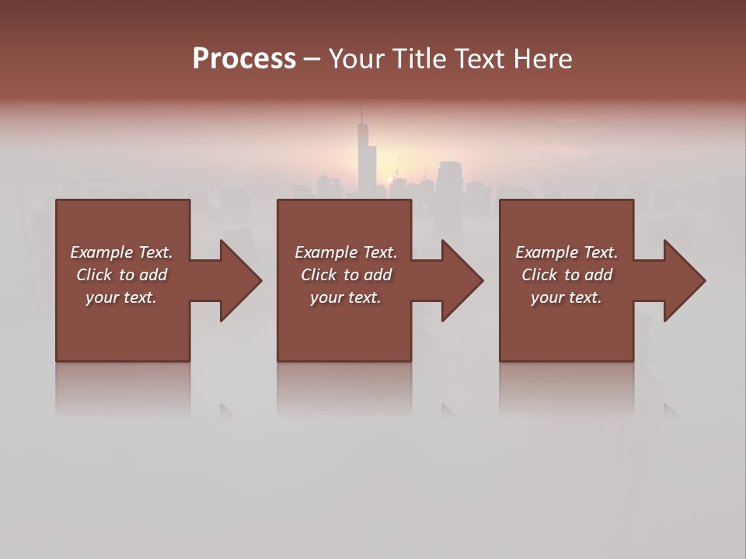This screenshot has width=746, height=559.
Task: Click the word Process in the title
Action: pos(244,59)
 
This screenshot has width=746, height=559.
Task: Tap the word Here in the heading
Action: pos(543,59)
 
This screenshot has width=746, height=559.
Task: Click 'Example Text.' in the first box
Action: pos(121,252)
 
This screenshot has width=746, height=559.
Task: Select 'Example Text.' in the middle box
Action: pos(345,252)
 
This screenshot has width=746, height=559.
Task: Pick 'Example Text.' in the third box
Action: pos(566,252)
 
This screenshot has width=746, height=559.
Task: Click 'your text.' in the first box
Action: pos(121,297)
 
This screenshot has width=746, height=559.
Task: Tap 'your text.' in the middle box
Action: pos(345,297)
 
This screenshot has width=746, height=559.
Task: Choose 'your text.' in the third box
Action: pos(566,297)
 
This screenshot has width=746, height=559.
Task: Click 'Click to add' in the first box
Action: pos(121,275)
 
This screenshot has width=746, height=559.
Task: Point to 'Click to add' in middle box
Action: pos(345,275)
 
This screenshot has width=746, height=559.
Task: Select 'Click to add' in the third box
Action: pos(566,275)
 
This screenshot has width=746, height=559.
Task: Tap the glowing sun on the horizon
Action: pos(389,180)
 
